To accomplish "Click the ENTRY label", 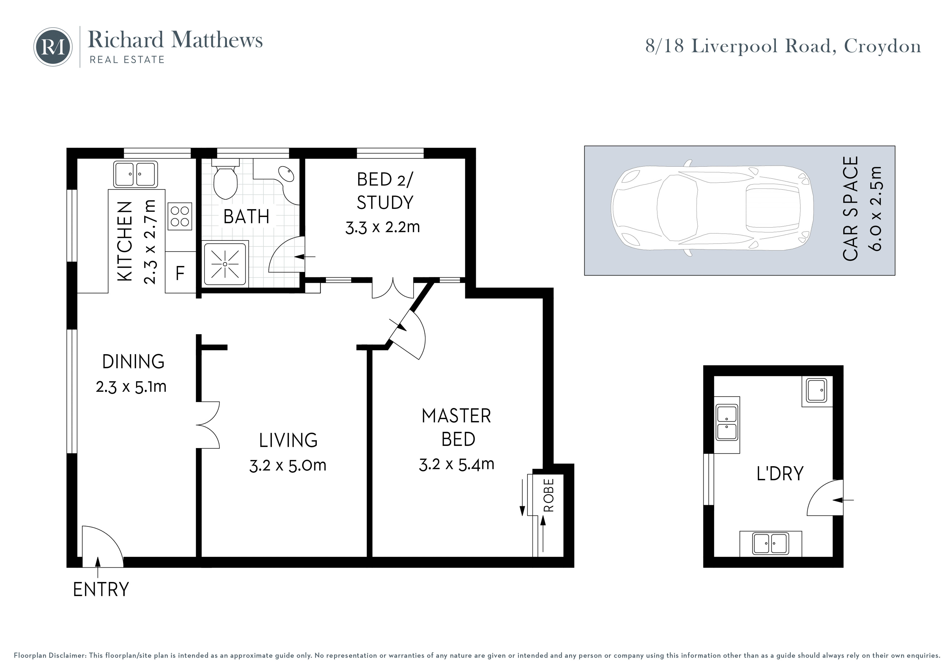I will pyautogui.click(x=101, y=590).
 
